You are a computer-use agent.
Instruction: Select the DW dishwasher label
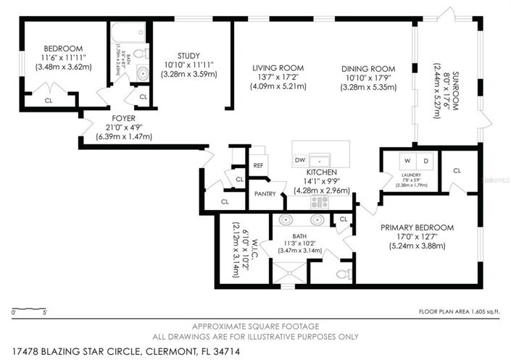299,159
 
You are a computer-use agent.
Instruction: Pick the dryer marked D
425,160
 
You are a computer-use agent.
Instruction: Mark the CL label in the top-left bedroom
49,101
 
